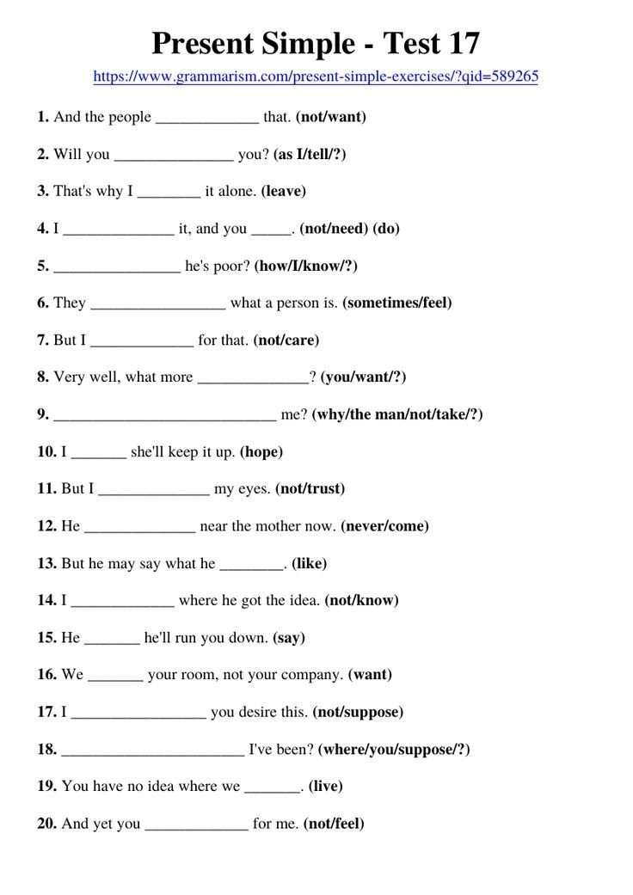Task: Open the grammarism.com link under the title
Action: [316, 77]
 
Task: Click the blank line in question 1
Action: [206, 118]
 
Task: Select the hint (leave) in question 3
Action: [284, 192]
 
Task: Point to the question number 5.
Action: [43, 266]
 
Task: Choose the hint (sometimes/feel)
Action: [396, 303]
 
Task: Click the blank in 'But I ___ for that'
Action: [142, 341]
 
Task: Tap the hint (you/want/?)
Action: [363, 377]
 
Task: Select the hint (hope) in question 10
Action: [261, 451]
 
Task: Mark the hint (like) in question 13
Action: [310, 564]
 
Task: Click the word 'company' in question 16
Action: [312, 675]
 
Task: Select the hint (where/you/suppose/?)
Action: [394, 750]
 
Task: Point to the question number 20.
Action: [46, 824]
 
